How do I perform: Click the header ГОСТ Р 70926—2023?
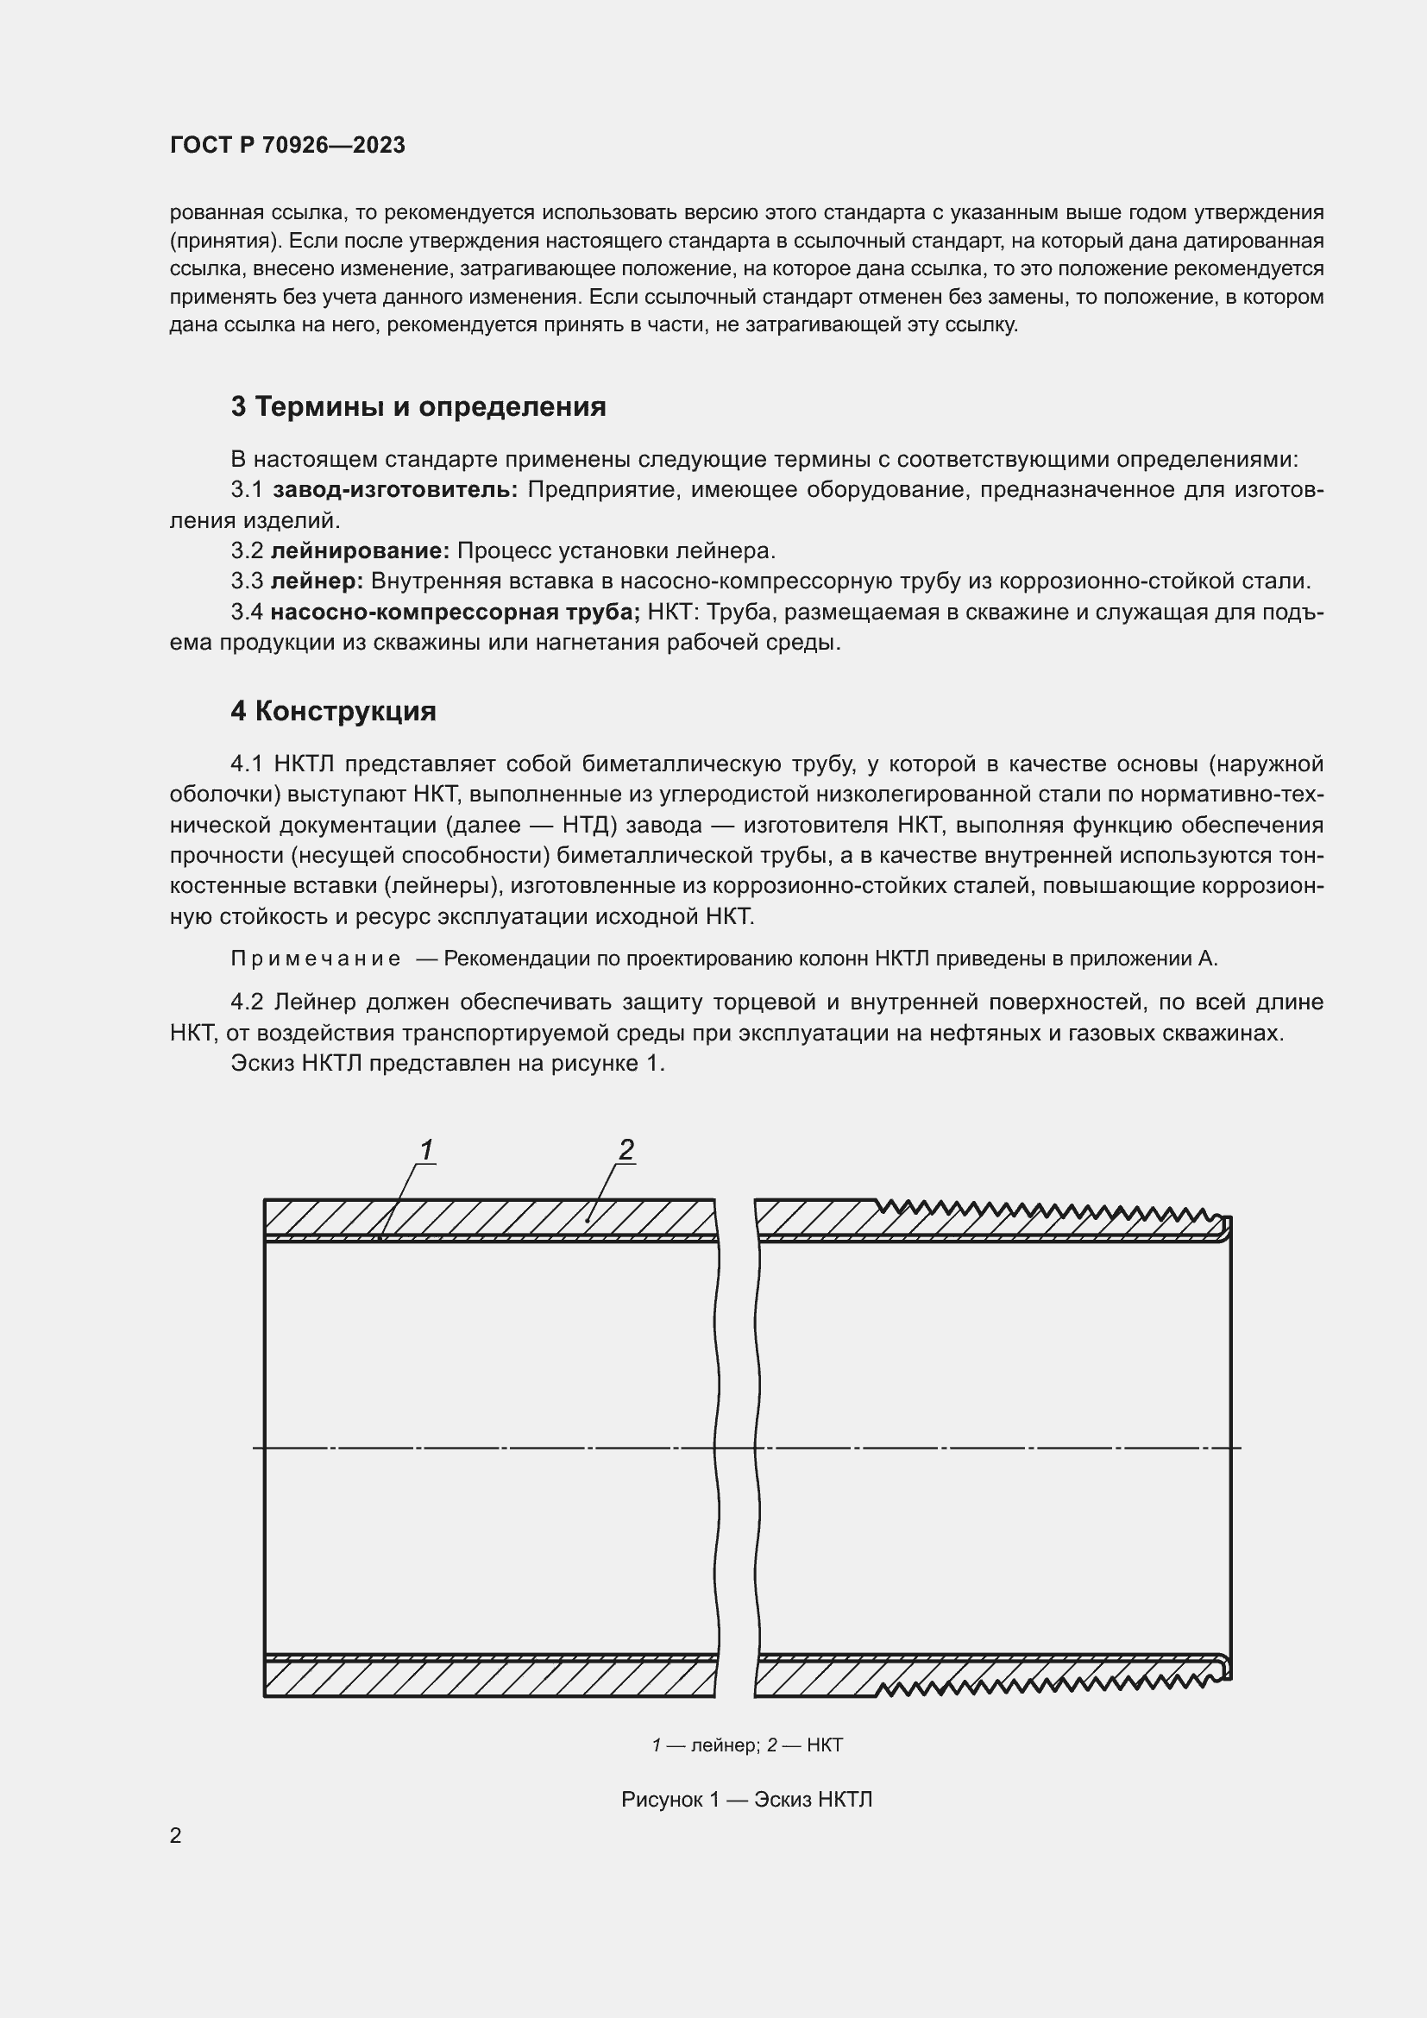click(x=287, y=145)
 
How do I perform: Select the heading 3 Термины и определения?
click(x=418, y=407)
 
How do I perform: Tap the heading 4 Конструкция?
click(x=333, y=711)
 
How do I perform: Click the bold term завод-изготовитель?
click(x=395, y=489)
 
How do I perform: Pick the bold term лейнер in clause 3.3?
click(x=317, y=581)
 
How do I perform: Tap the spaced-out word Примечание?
click(x=316, y=959)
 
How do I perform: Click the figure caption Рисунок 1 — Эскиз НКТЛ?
click(x=746, y=1799)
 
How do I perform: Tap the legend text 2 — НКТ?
click(x=805, y=1745)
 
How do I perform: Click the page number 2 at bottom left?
click(x=176, y=1835)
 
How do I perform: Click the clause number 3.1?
click(x=247, y=489)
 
